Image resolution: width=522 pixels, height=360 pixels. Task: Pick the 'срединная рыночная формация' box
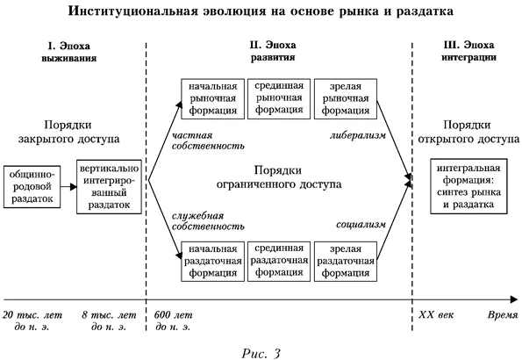click(x=277, y=99)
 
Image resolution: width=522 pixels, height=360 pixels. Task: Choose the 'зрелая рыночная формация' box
click(x=345, y=99)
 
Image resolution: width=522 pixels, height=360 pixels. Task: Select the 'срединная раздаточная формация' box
click(x=277, y=261)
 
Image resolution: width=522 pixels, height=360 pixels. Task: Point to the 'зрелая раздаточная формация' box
click(x=345, y=261)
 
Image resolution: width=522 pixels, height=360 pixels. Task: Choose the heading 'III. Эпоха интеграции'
click(x=466, y=50)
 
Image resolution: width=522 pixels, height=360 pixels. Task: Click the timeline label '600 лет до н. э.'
click(x=173, y=321)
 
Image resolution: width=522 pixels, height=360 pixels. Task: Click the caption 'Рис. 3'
click(x=260, y=350)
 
